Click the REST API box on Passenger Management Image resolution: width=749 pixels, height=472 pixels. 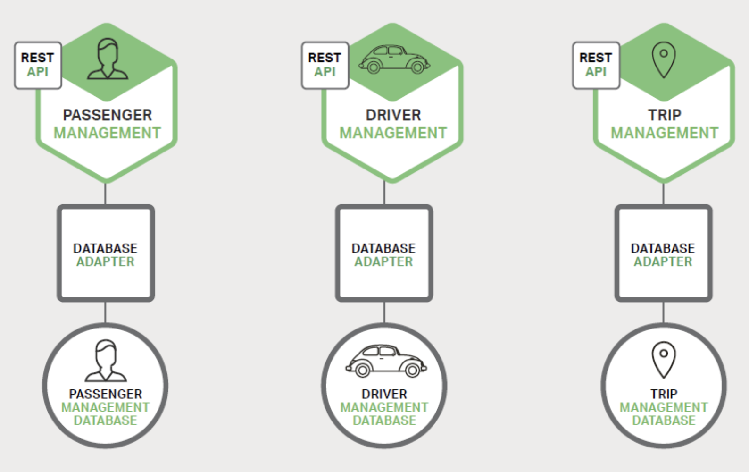click(38, 65)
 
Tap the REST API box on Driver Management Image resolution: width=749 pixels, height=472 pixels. click(325, 65)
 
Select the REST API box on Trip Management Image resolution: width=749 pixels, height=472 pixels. click(596, 65)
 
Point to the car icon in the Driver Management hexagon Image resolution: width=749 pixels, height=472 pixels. click(394, 59)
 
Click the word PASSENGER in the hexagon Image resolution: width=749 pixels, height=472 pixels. click(108, 115)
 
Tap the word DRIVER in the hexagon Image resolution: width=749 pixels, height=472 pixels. click(393, 115)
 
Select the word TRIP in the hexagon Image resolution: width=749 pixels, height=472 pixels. click(664, 115)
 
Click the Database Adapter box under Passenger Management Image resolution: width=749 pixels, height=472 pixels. click(106, 253)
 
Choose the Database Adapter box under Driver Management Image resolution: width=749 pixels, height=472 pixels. click(384, 253)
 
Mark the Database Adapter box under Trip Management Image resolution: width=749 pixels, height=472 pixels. click(663, 253)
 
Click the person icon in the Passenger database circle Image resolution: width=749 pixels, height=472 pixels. click(106, 361)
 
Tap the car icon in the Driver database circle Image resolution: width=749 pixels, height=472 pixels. click(386, 361)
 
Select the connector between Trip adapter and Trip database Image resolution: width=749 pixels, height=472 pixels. click(664, 312)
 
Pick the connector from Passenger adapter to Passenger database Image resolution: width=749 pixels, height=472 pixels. click(105, 312)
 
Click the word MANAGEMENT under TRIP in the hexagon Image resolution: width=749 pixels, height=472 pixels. click(664, 133)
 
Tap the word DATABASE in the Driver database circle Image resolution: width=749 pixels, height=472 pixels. click(384, 421)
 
